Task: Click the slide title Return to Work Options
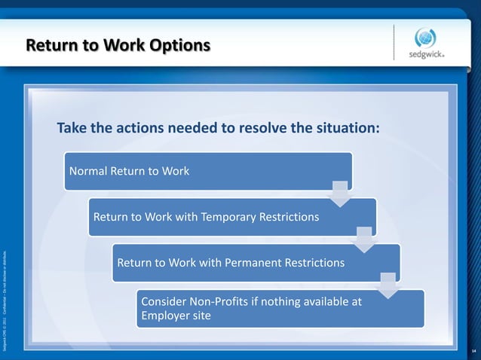117,45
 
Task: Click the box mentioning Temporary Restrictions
232,217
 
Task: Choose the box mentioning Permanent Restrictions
256,263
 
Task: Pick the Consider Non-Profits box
280,309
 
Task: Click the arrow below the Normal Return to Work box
341,193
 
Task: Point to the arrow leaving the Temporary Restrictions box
365,239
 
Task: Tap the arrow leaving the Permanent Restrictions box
389,285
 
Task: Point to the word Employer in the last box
166,316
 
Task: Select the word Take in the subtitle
72,127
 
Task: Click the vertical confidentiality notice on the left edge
5,301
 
